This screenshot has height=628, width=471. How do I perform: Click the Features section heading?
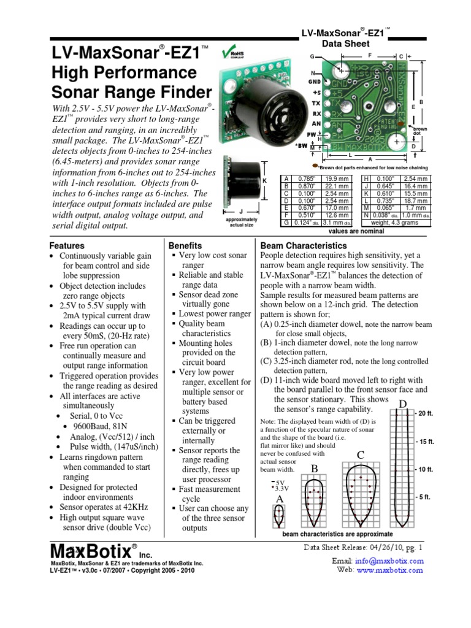(67, 245)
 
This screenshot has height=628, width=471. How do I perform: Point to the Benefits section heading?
(185, 245)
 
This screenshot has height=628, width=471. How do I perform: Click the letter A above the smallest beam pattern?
(280, 500)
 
